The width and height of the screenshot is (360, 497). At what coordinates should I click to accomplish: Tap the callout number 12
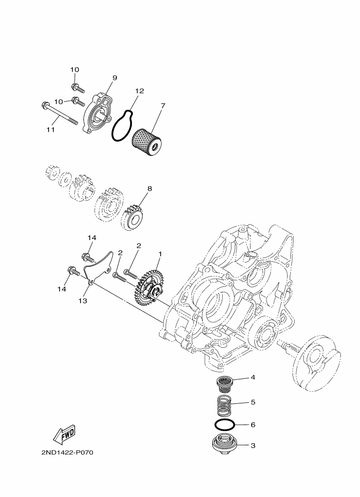pos(139,91)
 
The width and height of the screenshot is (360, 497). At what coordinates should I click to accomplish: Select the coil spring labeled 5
pos(223,406)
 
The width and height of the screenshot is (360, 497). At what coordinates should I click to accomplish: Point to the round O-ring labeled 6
pos(223,424)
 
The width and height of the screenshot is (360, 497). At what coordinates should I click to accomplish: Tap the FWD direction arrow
pos(64,434)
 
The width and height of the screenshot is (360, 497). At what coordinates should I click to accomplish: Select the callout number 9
pos(114,78)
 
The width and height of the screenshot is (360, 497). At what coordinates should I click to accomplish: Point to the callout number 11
pos(50,130)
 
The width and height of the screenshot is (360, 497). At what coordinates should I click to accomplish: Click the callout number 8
pos(149,188)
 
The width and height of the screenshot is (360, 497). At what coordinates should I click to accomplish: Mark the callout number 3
pos(253,445)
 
